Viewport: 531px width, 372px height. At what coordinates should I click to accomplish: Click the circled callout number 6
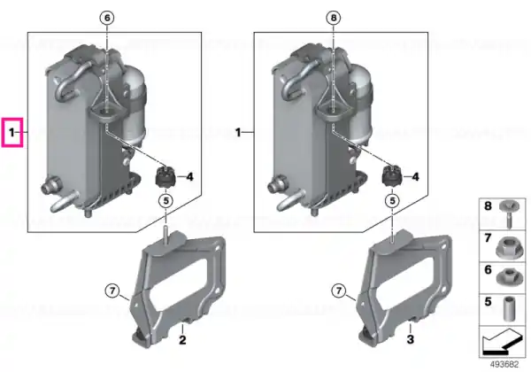click(x=107, y=18)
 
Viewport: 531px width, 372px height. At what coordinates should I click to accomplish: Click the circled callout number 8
click(x=334, y=18)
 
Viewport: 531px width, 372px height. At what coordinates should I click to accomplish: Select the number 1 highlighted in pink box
click(x=12, y=133)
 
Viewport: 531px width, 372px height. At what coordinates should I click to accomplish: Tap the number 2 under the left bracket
click(x=182, y=339)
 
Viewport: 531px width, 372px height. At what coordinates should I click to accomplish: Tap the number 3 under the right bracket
click(x=410, y=339)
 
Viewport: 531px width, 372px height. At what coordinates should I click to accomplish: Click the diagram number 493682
click(x=504, y=365)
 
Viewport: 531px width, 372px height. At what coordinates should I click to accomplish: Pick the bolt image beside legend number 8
click(x=506, y=213)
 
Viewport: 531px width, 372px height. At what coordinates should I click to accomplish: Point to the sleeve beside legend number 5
click(x=507, y=308)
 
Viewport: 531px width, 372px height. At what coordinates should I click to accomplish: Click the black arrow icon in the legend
click(x=502, y=342)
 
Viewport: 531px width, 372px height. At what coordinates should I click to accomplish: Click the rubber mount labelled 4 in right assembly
click(x=391, y=176)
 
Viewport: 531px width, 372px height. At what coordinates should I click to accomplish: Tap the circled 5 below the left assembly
click(x=165, y=201)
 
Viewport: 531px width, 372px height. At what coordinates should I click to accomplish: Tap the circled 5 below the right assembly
click(x=392, y=201)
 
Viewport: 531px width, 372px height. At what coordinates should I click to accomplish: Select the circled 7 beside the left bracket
click(x=112, y=291)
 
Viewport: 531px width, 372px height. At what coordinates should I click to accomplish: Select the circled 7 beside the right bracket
click(x=339, y=291)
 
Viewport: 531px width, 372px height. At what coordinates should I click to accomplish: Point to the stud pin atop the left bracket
click(x=166, y=235)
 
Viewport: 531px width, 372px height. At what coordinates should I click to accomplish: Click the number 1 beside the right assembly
click(x=238, y=133)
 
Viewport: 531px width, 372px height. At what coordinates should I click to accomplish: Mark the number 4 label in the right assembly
click(x=415, y=176)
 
